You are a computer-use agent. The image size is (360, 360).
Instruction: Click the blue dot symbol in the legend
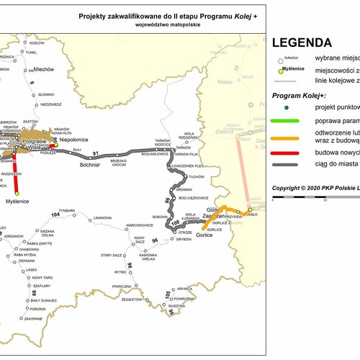(x=287, y=107)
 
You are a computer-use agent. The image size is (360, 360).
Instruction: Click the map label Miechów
(x=44, y=70)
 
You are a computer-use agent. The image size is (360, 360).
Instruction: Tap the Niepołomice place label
(x=73, y=142)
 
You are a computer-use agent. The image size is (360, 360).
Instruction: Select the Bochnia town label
(x=89, y=165)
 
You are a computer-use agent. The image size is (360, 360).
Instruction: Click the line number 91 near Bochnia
(x=95, y=153)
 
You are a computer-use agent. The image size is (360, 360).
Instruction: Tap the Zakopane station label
(x=34, y=318)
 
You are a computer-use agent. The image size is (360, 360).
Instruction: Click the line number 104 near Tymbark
(x=56, y=215)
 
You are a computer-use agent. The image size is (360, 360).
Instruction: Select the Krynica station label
(x=186, y=289)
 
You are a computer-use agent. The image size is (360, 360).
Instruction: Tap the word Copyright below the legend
(x=287, y=188)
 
